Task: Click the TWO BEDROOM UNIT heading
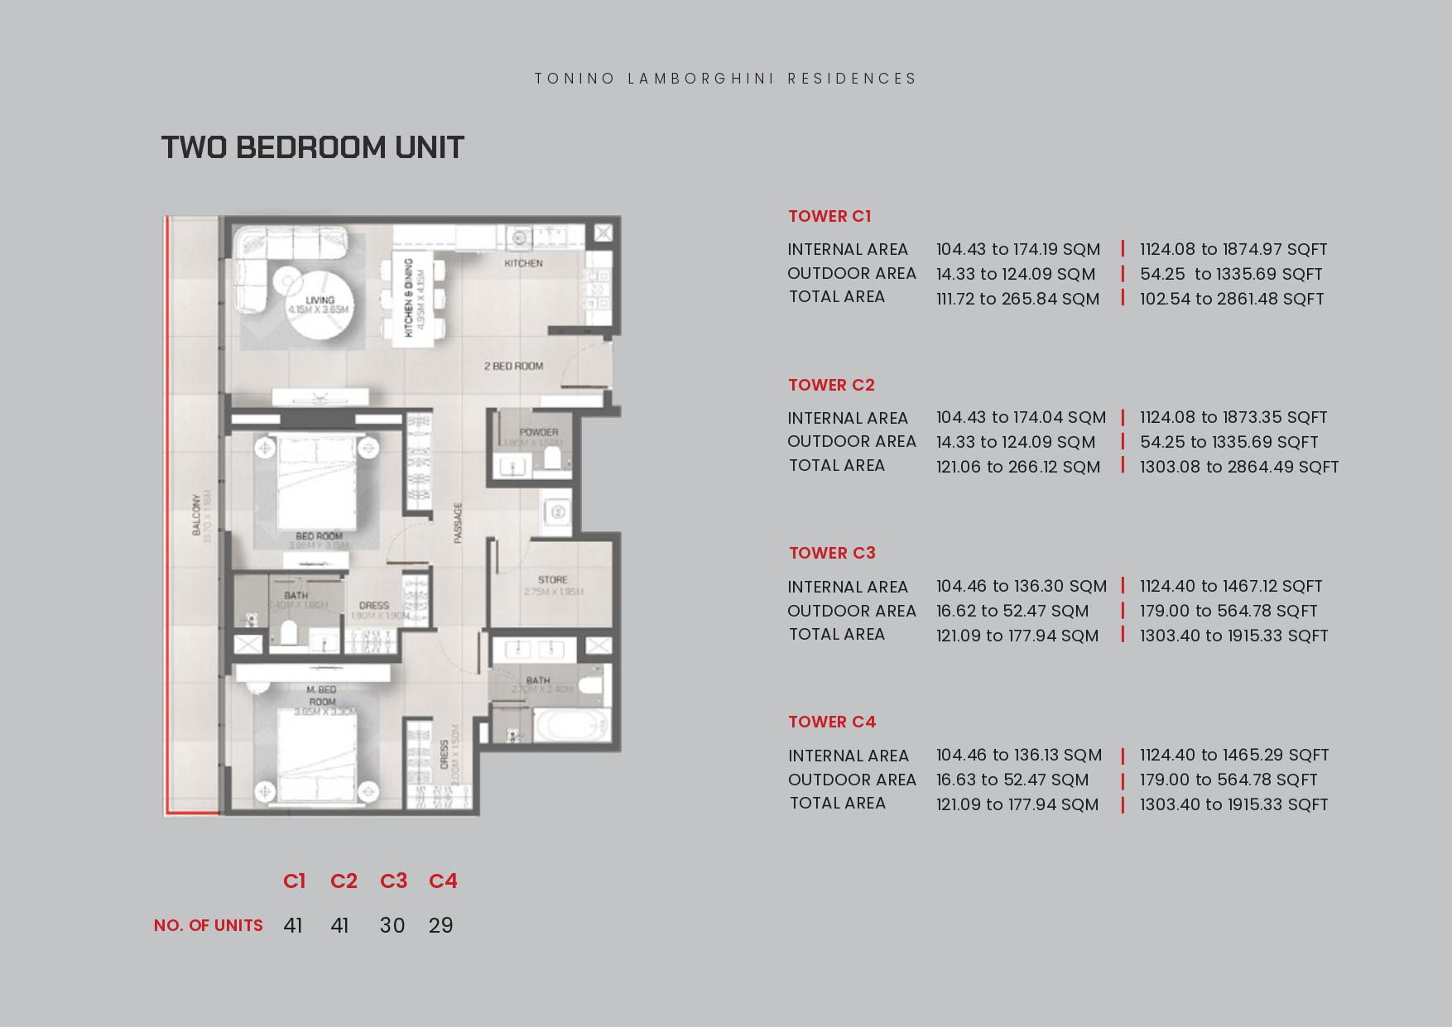[x=312, y=147]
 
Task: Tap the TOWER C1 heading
[x=829, y=216]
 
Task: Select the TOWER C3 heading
[x=831, y=553]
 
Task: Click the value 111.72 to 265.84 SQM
[x=1017, y=299]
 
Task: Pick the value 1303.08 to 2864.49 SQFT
[x=1238, y=467]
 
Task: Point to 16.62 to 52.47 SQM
[x=1012, y=611]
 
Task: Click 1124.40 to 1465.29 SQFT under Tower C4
[x=1233, y=755]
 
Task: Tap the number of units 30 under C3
[x=392, y=925]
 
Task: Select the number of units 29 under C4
[x=440, y=925]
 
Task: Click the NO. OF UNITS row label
[x=208, y=925]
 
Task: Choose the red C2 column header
[x=344, y=881]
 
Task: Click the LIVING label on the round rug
[x=319, y=300]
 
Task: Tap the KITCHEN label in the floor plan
[x=523, y=263]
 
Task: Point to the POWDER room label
[x=538, y=432]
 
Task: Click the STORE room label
[x=552, y=579]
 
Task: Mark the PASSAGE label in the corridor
[x=458, y=523]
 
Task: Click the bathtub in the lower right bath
[x=570, y=727]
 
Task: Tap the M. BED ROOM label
[x=322, y=695]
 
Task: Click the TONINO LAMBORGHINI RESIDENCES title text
[x=725, y=79]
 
